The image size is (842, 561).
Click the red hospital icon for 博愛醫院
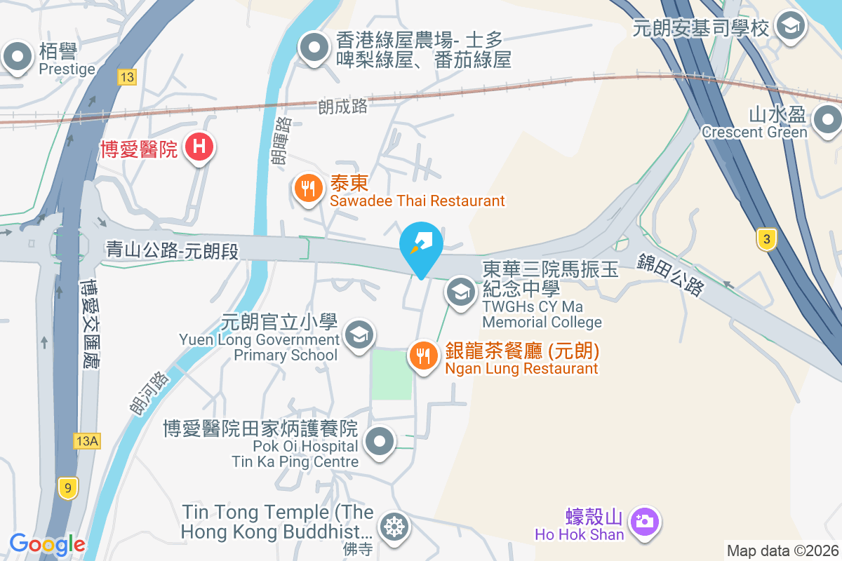[199, 147]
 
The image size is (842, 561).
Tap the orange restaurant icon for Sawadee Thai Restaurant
[307, 189]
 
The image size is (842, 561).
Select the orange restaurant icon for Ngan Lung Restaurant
[423, 356]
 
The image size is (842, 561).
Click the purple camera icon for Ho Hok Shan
[643, 521]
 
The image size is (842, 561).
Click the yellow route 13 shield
[126, 77]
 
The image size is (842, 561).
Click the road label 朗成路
[342, 107]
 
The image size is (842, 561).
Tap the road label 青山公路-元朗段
[173, 250]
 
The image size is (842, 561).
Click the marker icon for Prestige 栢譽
[18, 56]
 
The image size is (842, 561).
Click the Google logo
[47, 543]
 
